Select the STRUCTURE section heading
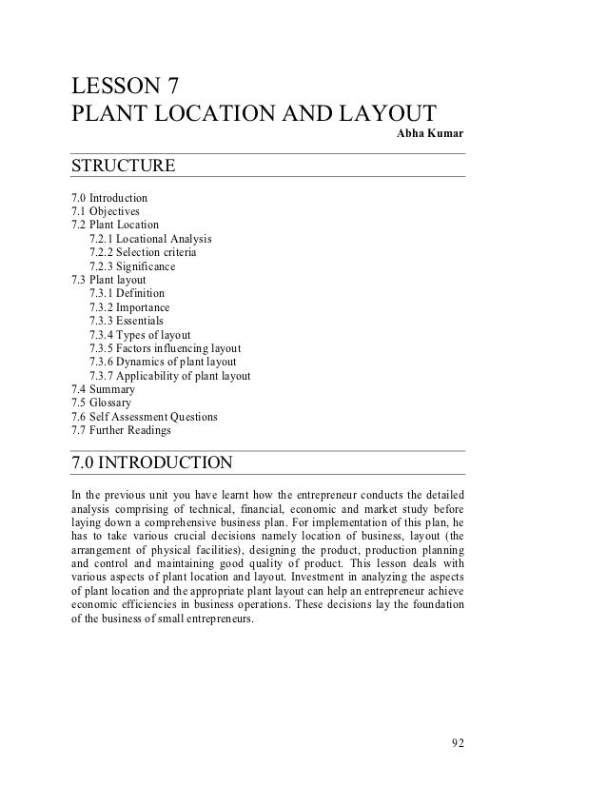(123, 167)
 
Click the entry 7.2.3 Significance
(132, 267)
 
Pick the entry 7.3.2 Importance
(129, 308)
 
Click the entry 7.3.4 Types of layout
(140, 335)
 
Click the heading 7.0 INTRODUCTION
(151, 464)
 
